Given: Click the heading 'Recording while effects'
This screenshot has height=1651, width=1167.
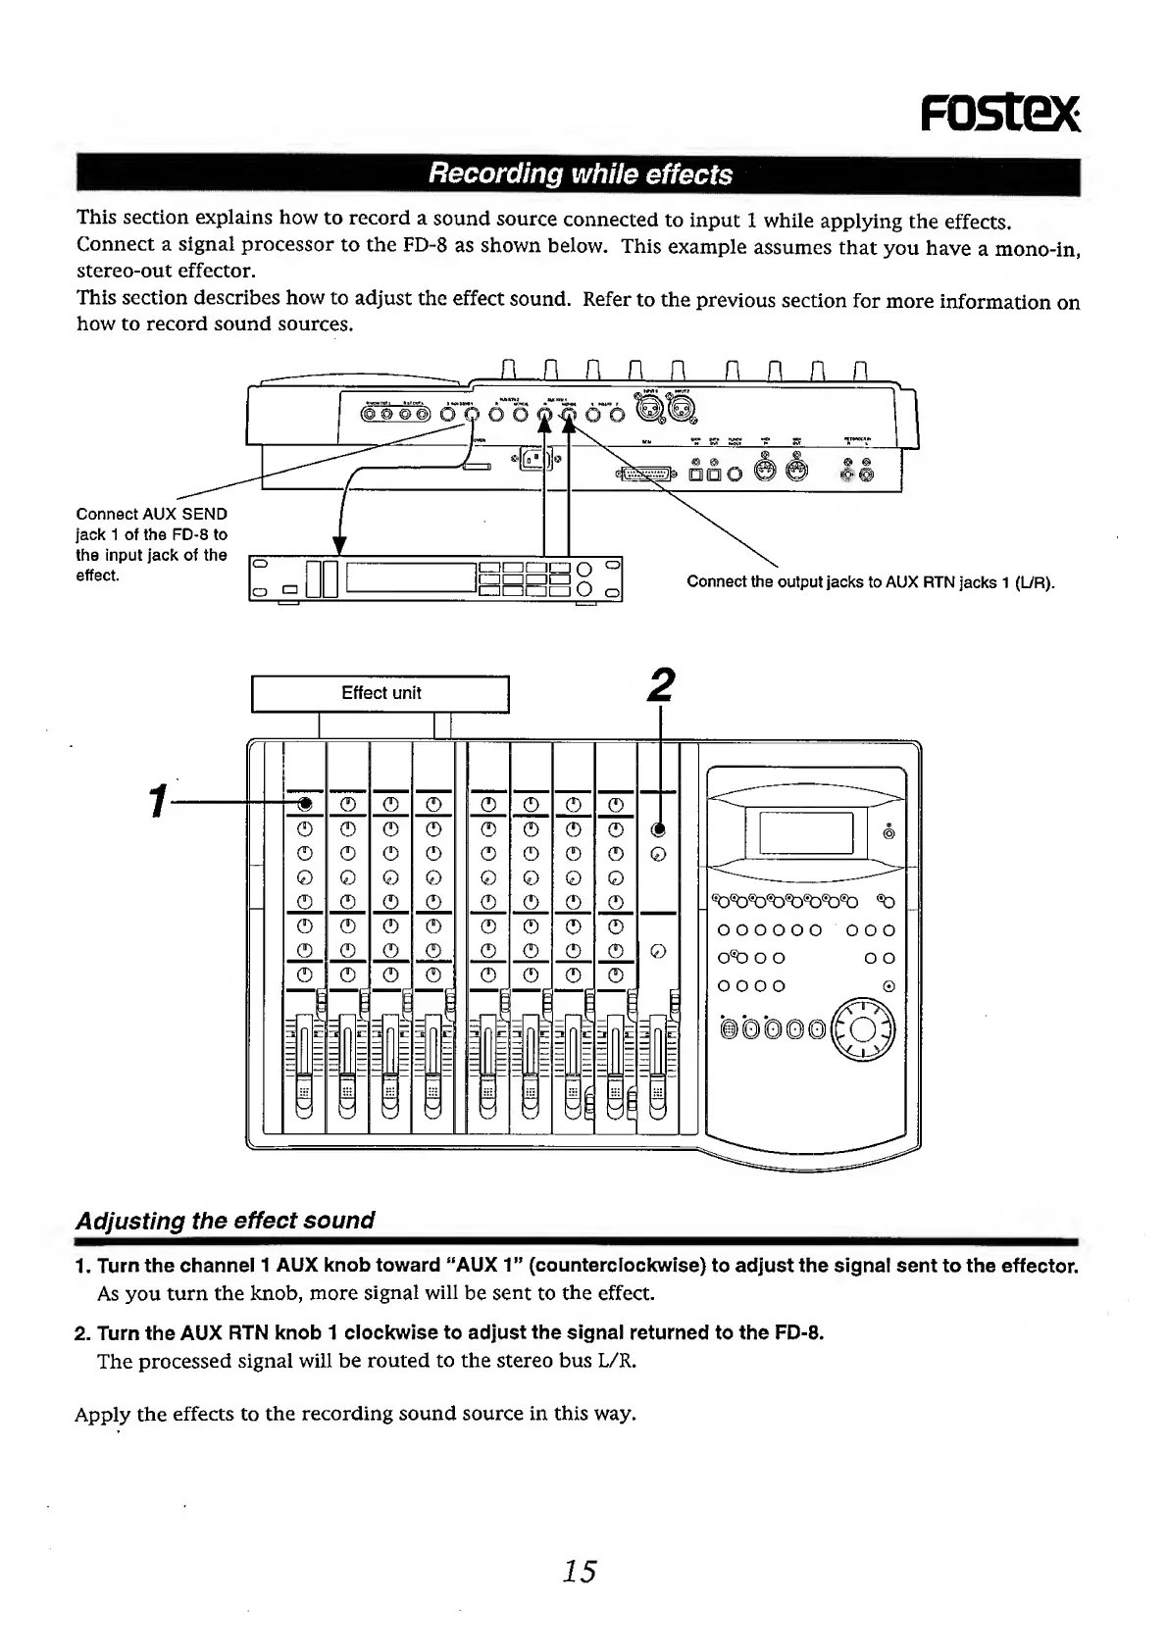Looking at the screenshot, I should [x=580, y=175].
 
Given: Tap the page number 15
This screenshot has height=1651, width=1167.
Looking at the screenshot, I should [x=580, y=1572].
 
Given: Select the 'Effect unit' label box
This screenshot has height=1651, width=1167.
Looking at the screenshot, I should [x=381, y=693].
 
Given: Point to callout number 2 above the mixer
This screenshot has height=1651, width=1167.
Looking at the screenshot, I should [x=663, y=684].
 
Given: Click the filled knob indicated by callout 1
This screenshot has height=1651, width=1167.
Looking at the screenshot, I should [x=305, y=804].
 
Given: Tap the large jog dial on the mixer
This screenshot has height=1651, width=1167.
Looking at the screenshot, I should [x=863, y=1029].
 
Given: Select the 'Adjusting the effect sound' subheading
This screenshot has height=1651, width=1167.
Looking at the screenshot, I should [x=226, y=1221].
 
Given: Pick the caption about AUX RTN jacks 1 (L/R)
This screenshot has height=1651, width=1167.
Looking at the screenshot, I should [x=870, y=582].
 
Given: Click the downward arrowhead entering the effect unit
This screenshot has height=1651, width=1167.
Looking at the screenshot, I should [x=339, y=546].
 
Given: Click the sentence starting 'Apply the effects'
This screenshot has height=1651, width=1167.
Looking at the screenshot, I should [x=355, y=1414].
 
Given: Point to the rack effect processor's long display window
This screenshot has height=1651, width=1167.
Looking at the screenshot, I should [x=410, y=578].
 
